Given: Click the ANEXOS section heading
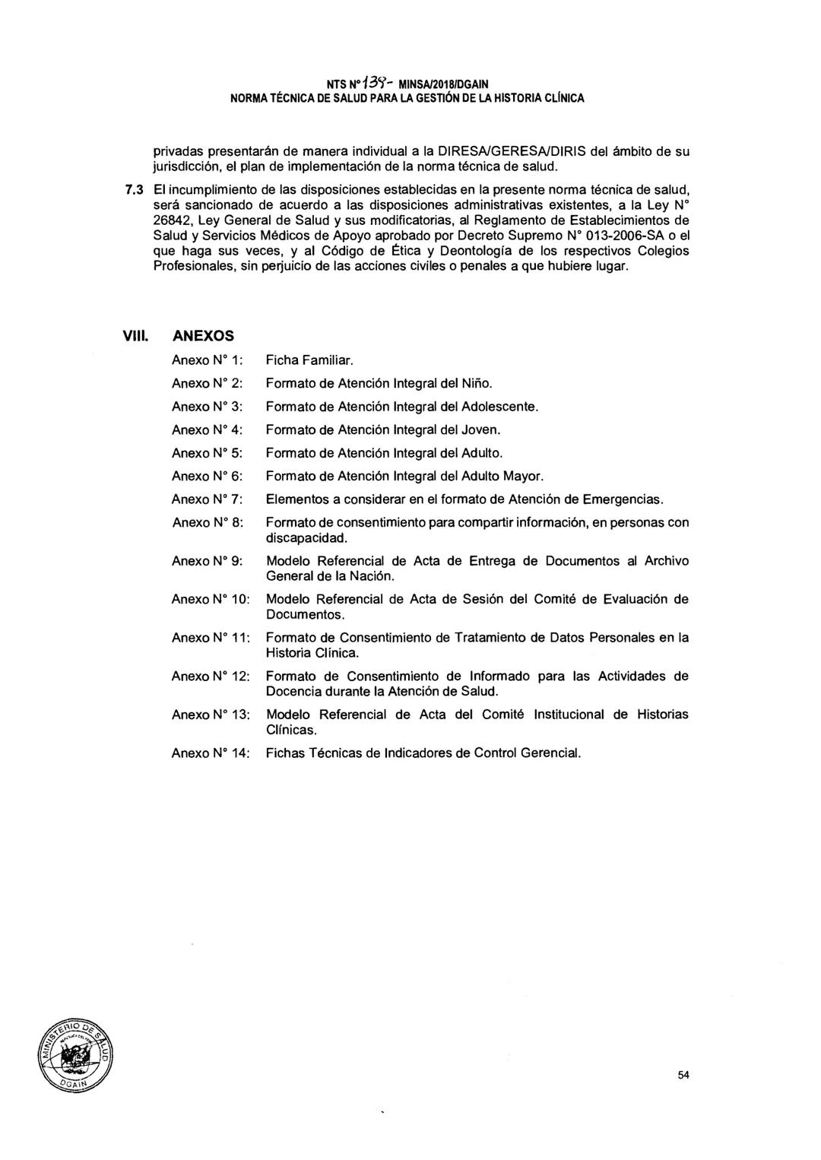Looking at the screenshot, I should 204,335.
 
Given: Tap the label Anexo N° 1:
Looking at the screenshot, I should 207,360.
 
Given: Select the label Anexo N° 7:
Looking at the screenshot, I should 207,499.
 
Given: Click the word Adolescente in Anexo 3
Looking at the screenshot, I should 499,407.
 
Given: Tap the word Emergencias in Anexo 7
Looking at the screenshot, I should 623,499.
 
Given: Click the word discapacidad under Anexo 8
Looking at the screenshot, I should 306,538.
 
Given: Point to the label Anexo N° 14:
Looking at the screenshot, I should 211,753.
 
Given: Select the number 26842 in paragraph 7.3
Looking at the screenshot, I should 172,220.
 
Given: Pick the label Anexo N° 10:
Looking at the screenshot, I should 211,599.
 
